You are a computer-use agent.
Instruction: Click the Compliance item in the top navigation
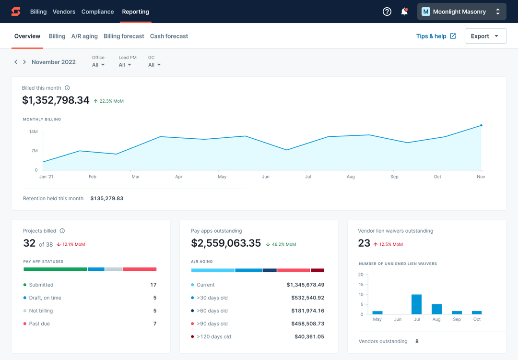click(97, 12)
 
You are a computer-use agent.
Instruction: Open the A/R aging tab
click(84, 36)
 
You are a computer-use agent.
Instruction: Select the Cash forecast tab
click(169, 36)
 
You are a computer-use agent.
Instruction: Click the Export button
click(485, 36)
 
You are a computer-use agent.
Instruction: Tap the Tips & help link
click(436, 36)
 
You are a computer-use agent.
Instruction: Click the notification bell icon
click(404, 12)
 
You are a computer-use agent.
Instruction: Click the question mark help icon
click(387, 12)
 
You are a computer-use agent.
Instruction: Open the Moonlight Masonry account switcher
click(461, 12)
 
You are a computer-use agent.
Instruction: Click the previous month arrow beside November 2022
click(16, 62)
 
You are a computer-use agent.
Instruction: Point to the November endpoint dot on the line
click(481, 125)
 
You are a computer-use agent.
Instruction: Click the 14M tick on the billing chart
click(33, 132)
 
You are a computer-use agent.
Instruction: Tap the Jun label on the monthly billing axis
click(265, 177)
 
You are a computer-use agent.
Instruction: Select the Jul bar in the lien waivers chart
click(416, 304)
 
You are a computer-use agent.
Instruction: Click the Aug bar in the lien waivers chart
click(436, 309)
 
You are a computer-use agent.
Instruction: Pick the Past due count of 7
click(154, 324)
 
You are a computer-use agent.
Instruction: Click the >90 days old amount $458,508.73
click(307, 324)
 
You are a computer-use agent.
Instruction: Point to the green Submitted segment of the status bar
click(55, 269)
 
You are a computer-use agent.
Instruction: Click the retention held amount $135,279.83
click(106, 198)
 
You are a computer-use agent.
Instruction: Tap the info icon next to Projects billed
click(62, 231)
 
